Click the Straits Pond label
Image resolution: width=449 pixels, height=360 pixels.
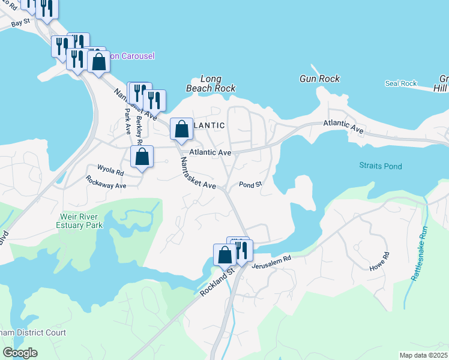coord(381,166)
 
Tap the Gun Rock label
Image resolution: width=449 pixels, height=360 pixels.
coord(319,79)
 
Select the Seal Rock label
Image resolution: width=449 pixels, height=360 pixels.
coord(400,83)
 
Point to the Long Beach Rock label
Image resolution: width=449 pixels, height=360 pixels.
coord(210,83)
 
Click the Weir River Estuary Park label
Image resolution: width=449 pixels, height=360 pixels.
coord(82,221)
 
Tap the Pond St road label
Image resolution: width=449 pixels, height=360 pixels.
coord(250,185)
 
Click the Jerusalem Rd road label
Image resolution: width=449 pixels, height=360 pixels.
coord(271,261)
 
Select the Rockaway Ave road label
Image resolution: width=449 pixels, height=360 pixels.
coord(106,182)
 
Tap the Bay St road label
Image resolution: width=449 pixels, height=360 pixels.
coord(20,23)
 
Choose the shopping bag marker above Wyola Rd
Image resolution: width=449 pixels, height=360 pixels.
coord(142,157)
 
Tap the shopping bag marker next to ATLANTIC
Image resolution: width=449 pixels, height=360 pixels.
coord(181,129)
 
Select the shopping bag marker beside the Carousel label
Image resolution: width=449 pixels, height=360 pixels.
coord(98,61)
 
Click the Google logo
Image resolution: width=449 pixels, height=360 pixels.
coord(20,353)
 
